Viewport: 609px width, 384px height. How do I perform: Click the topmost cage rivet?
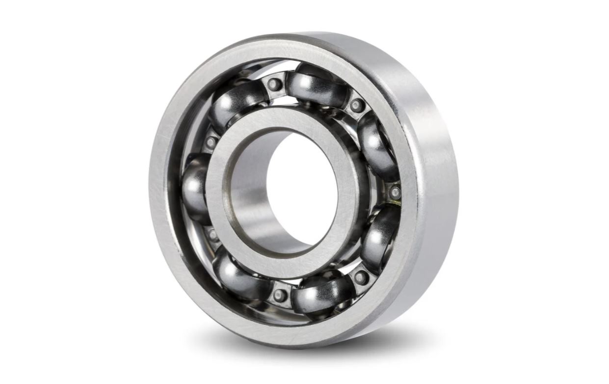275,84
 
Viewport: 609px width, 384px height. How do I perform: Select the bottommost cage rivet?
280,295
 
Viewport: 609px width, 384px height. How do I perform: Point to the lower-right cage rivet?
361,277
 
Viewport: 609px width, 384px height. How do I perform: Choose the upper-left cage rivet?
211,143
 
